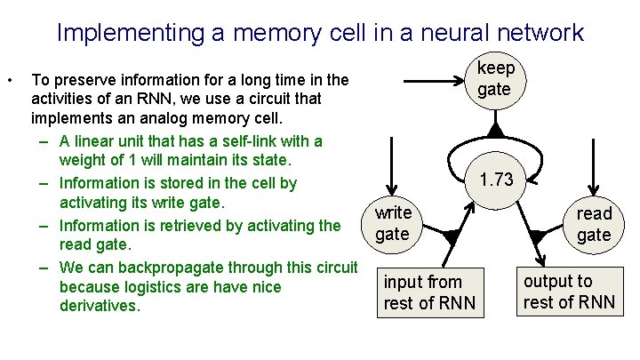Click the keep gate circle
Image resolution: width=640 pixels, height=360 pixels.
pos(494,79)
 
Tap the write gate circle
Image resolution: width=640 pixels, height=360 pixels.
pos(392,223)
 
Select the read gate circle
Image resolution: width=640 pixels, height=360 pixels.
pos(594,224)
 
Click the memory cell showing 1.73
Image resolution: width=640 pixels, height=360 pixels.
pos(495,179)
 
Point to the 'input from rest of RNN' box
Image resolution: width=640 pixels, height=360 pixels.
pos(430,292)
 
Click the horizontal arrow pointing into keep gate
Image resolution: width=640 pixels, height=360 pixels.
pos(418,79)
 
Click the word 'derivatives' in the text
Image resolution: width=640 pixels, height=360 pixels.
pos(98,306)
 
